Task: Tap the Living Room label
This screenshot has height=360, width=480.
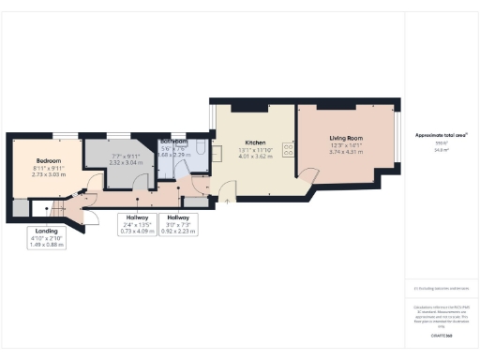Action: pyautogui.click(x=347, y=138)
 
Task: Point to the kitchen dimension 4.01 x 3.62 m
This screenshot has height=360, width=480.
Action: pyautogui.click(x=231, y=157)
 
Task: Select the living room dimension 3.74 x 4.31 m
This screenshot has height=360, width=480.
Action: pyautogui.click(x=347, y=152)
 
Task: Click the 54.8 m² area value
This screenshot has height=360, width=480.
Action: pyautogui.click(x=441, y=149)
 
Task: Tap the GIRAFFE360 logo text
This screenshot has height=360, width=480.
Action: pyautogui.click(x=441, y=334)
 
